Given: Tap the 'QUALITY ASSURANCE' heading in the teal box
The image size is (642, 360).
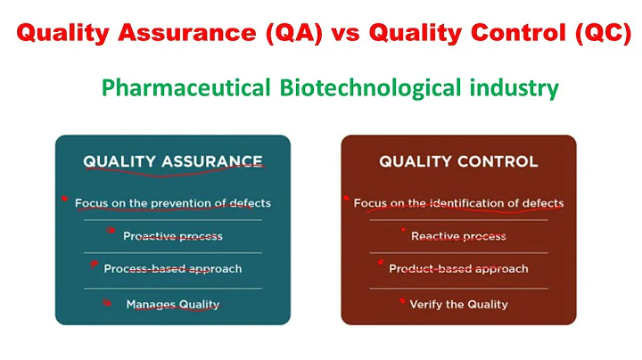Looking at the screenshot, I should click(x=173, y=161).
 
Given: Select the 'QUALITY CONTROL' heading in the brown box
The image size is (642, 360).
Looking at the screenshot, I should click(x=458, y=161).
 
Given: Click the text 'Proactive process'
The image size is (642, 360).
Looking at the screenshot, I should click(x=173, y=236).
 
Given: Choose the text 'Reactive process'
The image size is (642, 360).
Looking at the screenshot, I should click(x=458, y=236).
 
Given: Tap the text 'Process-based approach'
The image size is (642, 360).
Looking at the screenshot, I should click(x=173, y=268).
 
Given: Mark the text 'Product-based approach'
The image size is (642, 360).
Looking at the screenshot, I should click(x=458, y=268).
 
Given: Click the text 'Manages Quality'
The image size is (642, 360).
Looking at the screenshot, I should click(x=173, y=304).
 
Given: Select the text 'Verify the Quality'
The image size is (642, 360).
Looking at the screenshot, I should click(x=458, y=304).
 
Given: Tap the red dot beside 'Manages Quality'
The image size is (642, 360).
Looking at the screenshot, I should click(x=107, y=302).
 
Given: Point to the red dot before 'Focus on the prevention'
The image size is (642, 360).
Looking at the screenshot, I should click(x=64, y=199).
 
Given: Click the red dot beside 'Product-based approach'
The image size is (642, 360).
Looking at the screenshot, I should click(x=381, y=264).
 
